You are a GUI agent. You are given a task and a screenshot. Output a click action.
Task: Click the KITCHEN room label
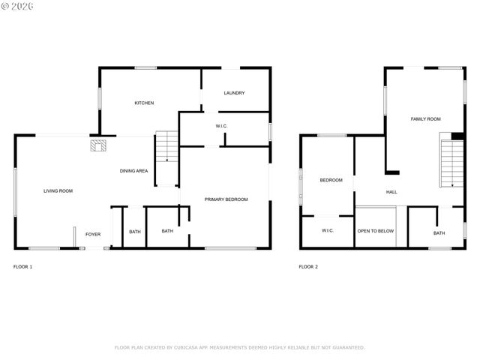point(144,103)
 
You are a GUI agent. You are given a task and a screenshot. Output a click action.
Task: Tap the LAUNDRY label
point(235,93)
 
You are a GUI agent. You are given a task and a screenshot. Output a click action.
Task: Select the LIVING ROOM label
point(58,191)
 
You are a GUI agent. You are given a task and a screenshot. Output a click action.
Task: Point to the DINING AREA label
point(133,171)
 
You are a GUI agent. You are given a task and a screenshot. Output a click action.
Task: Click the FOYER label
point(92,234)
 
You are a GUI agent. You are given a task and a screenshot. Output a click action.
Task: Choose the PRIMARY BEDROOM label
point(226,199)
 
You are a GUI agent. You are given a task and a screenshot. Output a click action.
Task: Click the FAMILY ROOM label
point(425,118)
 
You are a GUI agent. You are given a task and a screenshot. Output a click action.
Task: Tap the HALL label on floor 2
point(391,192)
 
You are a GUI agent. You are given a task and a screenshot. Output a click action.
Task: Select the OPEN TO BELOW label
point(376,231)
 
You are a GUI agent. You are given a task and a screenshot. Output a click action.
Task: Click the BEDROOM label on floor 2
point(331,180)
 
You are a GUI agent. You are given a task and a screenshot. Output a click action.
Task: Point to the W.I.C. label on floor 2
point(328,230)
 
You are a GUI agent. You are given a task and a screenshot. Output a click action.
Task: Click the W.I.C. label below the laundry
point(222,126)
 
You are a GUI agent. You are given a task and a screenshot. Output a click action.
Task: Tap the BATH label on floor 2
point(439,233)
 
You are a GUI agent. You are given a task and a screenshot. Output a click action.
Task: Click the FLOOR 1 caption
point(23,266)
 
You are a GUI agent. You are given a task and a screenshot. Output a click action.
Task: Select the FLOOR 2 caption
point(308,266)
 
